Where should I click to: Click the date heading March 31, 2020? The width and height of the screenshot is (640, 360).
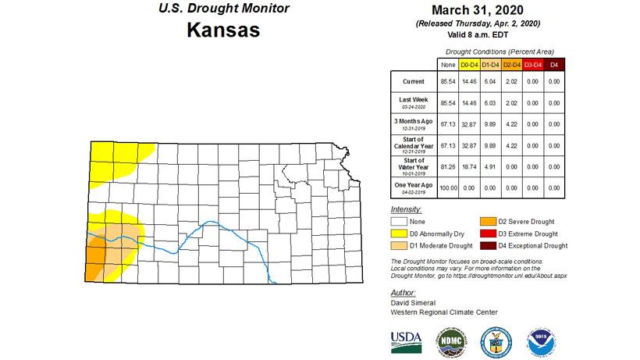(x=475, y=11)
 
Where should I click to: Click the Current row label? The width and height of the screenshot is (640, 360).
(x=414, y=81)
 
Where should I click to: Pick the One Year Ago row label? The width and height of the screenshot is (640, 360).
(x=414, y=187)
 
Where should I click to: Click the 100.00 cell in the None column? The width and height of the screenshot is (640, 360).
(x=448, y=187)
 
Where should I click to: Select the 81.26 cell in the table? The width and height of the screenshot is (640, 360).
(x=448, y=166)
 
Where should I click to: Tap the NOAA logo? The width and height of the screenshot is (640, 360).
(x=541, y=340)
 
